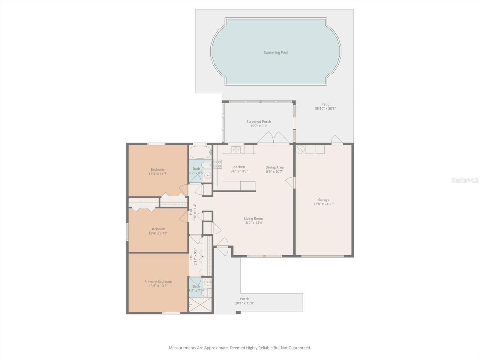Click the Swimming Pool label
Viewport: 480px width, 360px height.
click(275, 52)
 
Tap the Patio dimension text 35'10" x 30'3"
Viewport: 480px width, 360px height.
click(325, 109)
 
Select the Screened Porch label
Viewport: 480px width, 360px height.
click(259, 121)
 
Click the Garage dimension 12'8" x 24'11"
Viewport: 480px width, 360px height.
click(324, 204)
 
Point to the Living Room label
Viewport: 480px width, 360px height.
click(253, 218)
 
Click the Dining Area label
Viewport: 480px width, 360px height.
click(274, 167)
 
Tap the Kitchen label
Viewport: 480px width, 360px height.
click(239, 167)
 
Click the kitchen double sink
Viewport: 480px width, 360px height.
click(236, 149)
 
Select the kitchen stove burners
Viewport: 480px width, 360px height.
click(218, 164)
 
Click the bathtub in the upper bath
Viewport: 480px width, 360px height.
click(200, 152)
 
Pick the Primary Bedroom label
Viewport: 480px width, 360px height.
click(158, 281)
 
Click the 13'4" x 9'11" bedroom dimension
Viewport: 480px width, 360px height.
click(158, 233)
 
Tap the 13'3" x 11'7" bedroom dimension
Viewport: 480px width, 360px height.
click(158, 174)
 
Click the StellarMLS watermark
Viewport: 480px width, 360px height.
click(465, 180)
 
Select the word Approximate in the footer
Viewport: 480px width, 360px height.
click(216, 348)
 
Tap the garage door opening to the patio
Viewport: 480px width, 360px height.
click(337, 140)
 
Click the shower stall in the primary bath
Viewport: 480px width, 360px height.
click(200, 304)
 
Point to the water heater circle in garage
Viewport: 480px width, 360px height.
click(300, 149)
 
